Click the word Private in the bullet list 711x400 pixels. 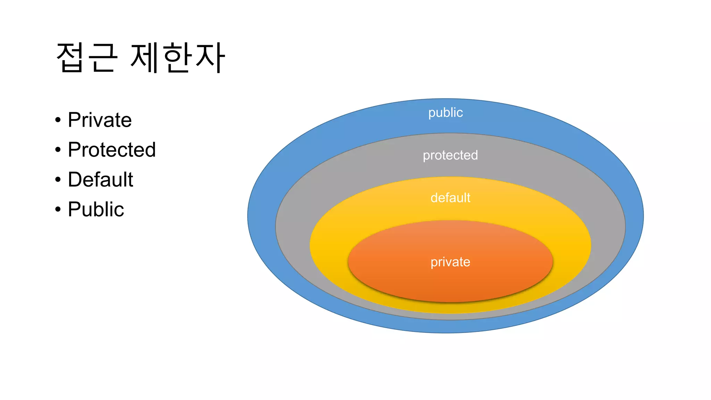point(100,120)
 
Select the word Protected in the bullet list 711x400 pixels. point(111,150)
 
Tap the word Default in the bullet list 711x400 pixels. point(100,180)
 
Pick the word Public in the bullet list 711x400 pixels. point(96,209)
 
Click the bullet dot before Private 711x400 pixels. point(58,120)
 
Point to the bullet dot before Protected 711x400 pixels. point(58,150)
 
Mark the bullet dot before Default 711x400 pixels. point(58,180)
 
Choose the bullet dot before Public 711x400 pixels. point(58,210)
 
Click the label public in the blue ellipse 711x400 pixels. point(445,113)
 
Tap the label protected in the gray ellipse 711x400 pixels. point(450,155)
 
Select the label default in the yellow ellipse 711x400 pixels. point(450,198)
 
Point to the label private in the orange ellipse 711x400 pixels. point(450,262)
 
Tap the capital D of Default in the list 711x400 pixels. point(75,180)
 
